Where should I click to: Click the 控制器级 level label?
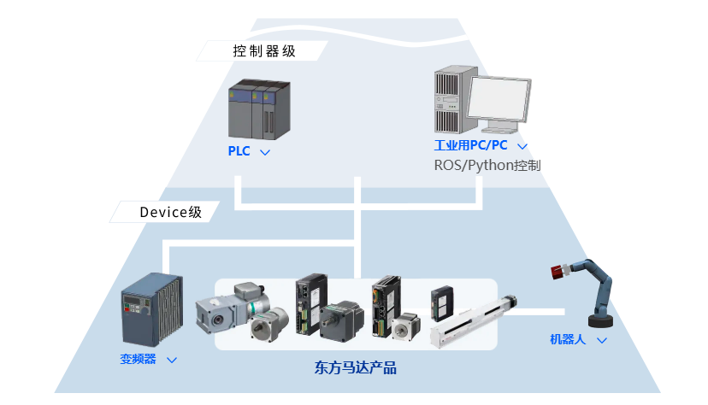[x=264, y=50]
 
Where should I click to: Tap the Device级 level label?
[x=171, y=212]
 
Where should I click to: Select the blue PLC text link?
[x=239, y=151]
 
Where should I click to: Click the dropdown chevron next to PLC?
[x=265, y=152]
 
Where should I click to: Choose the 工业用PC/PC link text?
[x=470, y=145]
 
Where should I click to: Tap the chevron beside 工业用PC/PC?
[x=522, y=146]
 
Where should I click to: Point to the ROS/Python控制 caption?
[x=487, y=165]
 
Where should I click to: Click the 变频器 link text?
[x=139, y=359]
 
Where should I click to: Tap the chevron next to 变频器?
[x=172, y=360]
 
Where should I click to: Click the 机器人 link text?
[x=568, y=339]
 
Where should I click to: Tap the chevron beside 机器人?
[x=602, y=340]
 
